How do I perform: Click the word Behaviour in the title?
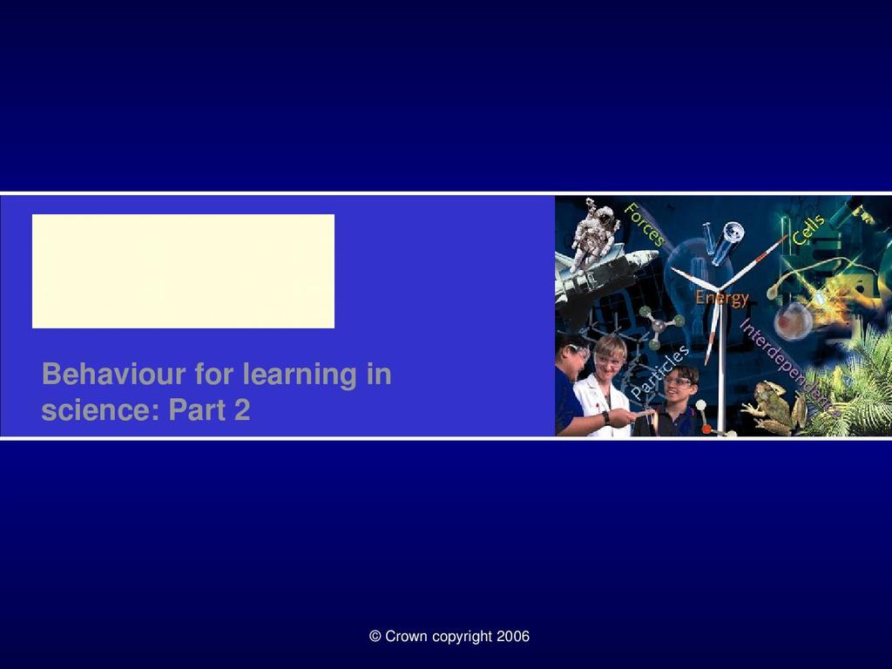point(114,375)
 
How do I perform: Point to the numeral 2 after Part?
point(242,409)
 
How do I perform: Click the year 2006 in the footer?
point(513,636)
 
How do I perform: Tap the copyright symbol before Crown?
point(375,636)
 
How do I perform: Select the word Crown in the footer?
point(406,636)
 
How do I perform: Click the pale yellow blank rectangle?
point(183,272)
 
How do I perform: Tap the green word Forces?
point(644,225)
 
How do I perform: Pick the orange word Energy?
point(722,298)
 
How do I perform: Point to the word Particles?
point(660,372)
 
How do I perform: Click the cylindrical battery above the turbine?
point(725,240)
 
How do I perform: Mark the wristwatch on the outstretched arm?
point(606,417)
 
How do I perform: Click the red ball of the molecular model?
point(706,429)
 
